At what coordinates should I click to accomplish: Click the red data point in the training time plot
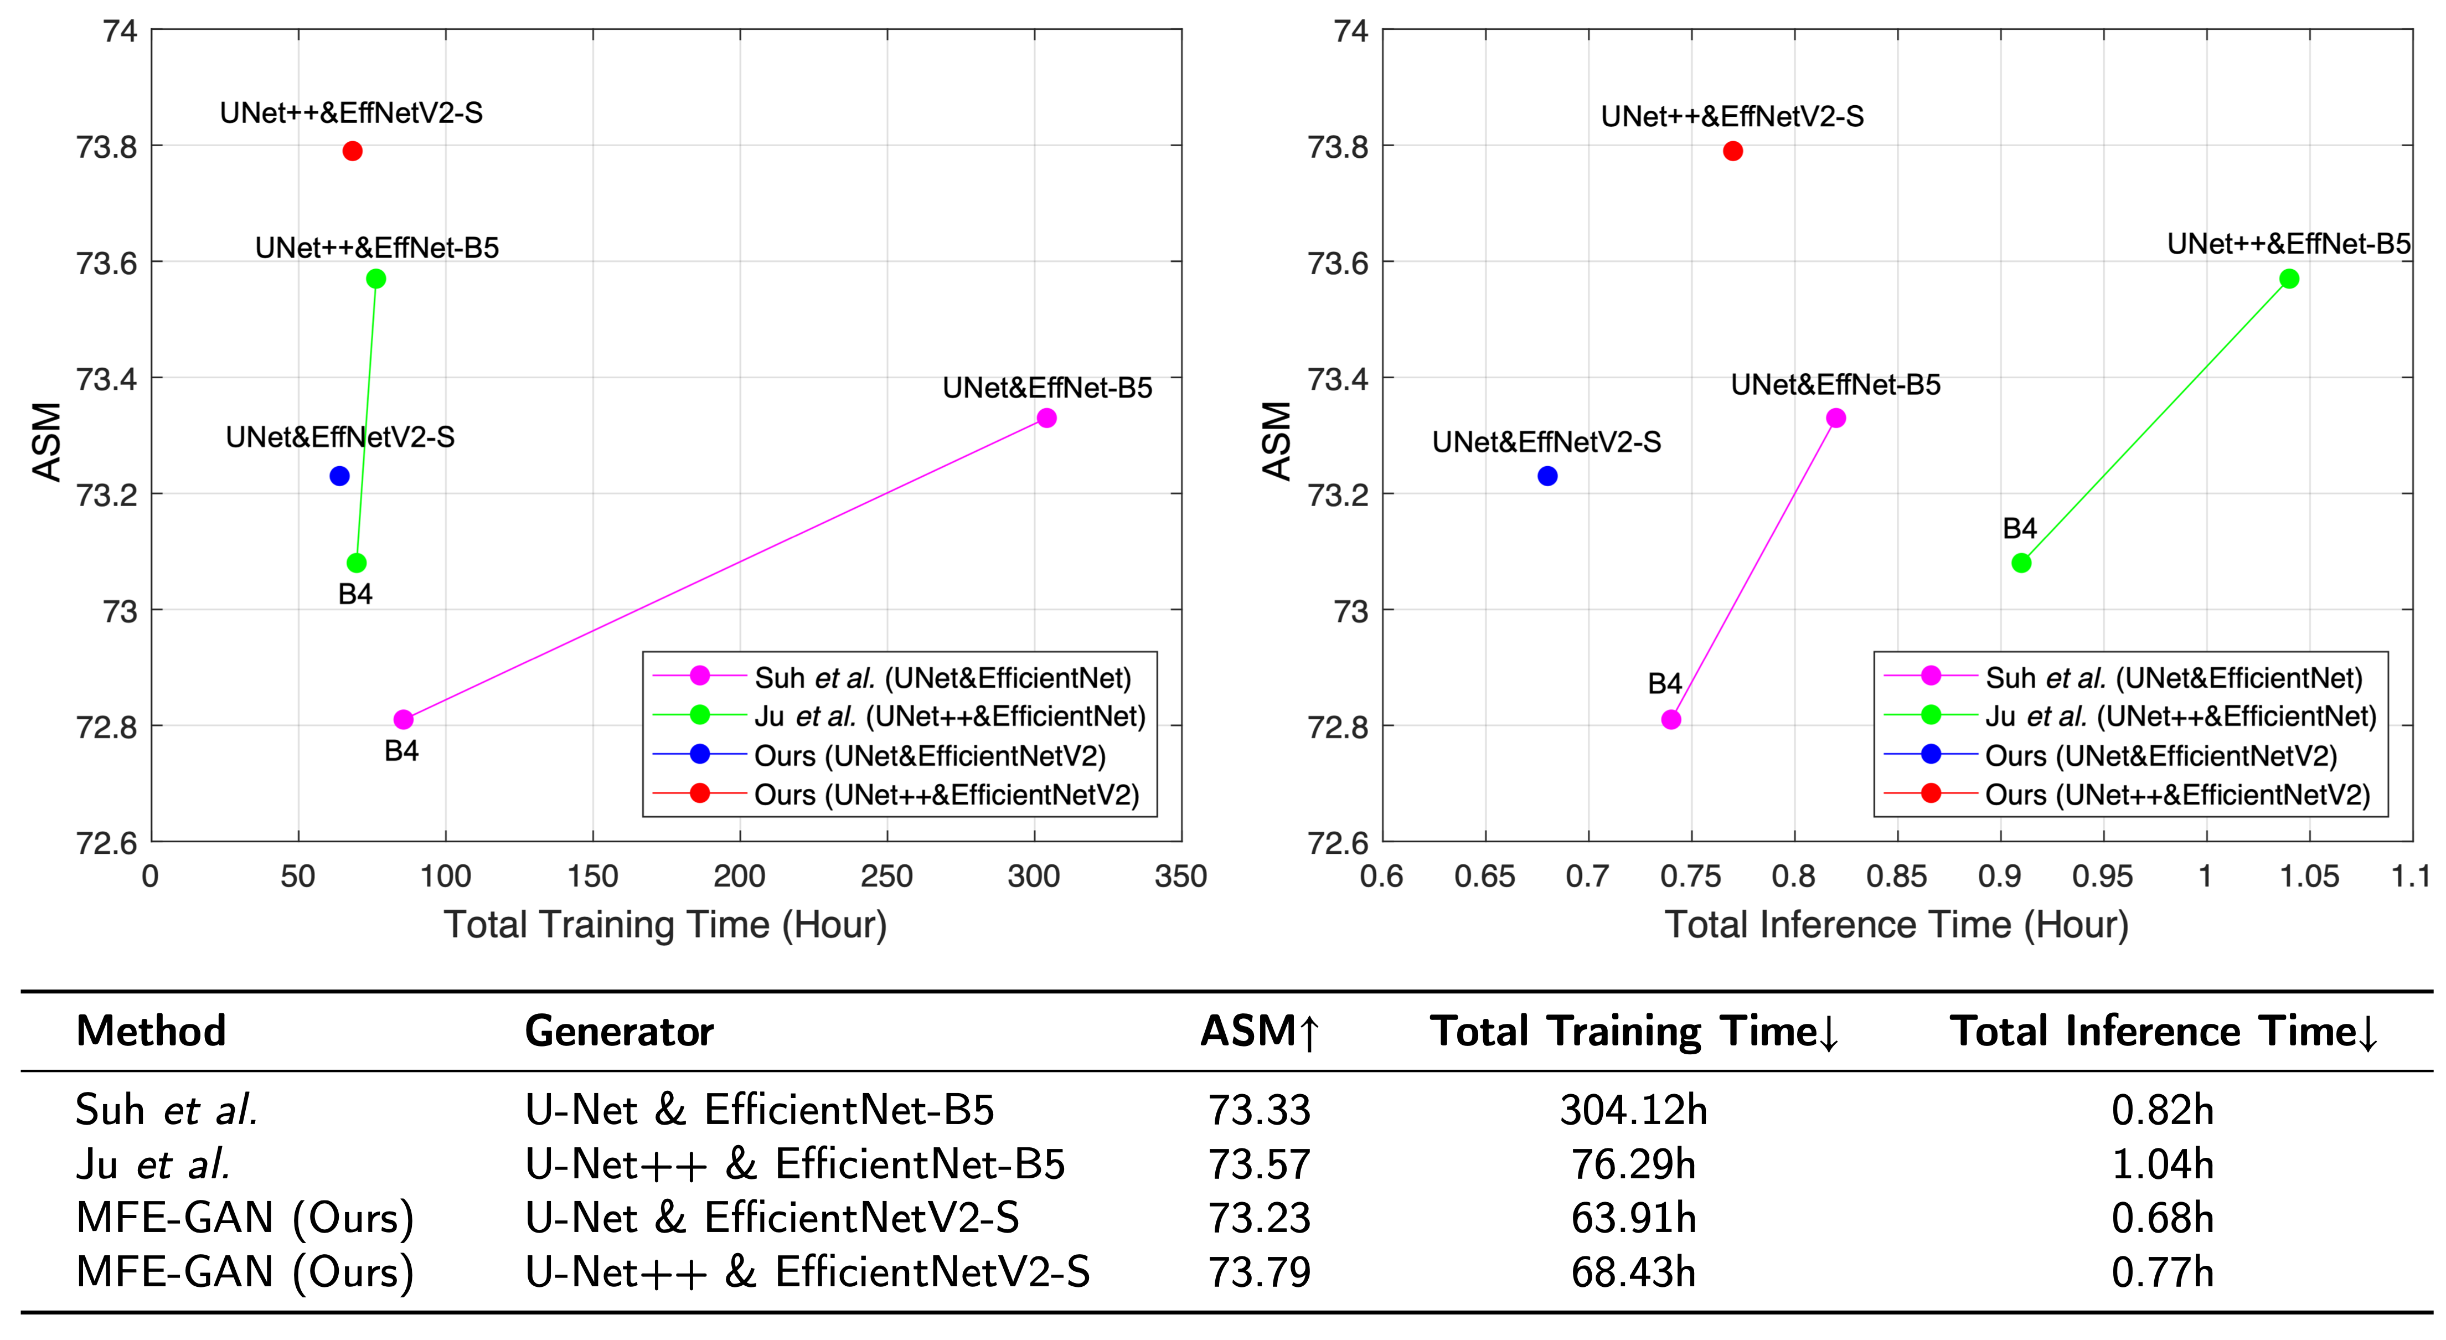(x=352, y=151)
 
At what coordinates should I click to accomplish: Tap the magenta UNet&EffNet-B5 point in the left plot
(x=1046, y=418)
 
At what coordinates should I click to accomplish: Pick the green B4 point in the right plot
(x=2021, y=563)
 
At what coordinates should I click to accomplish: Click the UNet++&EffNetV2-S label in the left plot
(x=352, y=113)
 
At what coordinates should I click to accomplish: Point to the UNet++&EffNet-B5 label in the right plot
(x=2288, y=244)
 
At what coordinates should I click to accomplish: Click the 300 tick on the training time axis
(x=1034, y=875)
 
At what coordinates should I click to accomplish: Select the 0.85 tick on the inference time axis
(x=1897, y=875)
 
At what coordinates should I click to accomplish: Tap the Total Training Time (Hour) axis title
(x=665, y=924)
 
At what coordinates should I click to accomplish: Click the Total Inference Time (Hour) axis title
(x=1896, y=924)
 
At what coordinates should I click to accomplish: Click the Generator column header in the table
(x=619, y=1032)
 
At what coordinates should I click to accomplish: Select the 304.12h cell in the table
(x=1633, y=1109)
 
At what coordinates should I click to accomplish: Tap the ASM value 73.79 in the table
(x=1259, y=1272)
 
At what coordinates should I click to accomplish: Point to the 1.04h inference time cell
(x=2162, y=1163)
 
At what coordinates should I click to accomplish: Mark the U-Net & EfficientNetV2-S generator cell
(x=772, y=1218)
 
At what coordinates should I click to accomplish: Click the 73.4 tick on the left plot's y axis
(x=106, y=379)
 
